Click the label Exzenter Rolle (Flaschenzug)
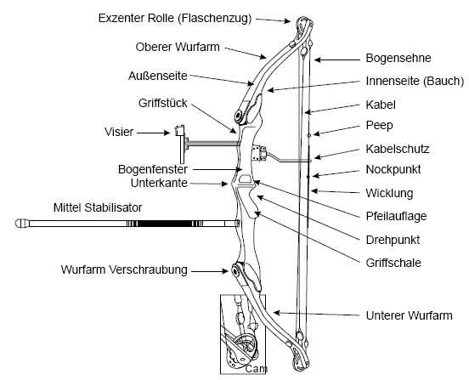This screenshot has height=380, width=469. click(175, 18)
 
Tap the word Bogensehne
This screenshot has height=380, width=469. click(398, 58)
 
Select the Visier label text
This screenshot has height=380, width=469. click(119, 132)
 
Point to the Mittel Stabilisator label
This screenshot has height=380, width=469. click(98, 207)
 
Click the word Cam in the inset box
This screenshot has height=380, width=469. click(256, 369)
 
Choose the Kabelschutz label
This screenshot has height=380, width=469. click(398, 149)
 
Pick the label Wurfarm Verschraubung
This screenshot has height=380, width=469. click(124, 269)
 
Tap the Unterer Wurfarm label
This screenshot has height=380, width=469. click(409, 315)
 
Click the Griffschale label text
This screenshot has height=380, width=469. click(393, 263)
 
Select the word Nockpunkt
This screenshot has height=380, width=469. click(393, 170)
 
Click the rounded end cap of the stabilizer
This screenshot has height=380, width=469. click(22, 224)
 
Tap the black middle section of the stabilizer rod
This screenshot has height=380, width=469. click(165, 224)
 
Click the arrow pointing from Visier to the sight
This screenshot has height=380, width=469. click(154, 133)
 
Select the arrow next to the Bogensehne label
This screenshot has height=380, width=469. click(337, 60)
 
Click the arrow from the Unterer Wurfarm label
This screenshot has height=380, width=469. click(316, 314)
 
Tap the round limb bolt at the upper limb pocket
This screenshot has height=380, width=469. click(239, 116)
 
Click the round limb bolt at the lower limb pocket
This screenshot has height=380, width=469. click(235, 271)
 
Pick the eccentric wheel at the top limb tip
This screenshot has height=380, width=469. click(304, 25)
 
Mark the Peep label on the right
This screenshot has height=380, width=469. click(379, 125)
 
